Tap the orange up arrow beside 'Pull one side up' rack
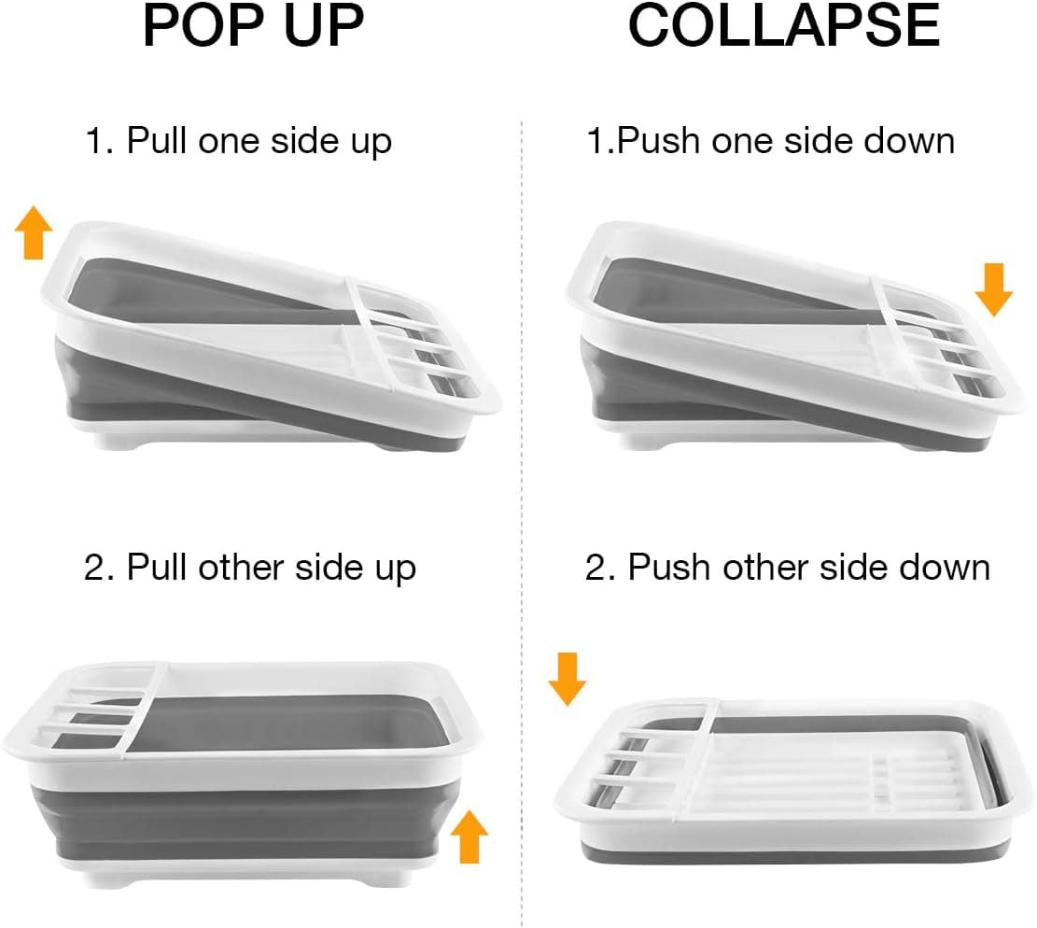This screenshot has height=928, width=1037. click(35, 233)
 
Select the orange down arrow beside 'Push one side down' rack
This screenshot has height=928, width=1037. click(993, 288)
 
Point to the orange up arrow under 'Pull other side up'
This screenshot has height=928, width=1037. click(469, 836)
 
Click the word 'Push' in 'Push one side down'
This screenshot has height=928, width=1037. click(661, 142)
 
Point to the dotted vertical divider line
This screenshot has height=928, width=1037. click(521, 467)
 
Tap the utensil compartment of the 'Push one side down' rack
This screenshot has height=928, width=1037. click(943, 345)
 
